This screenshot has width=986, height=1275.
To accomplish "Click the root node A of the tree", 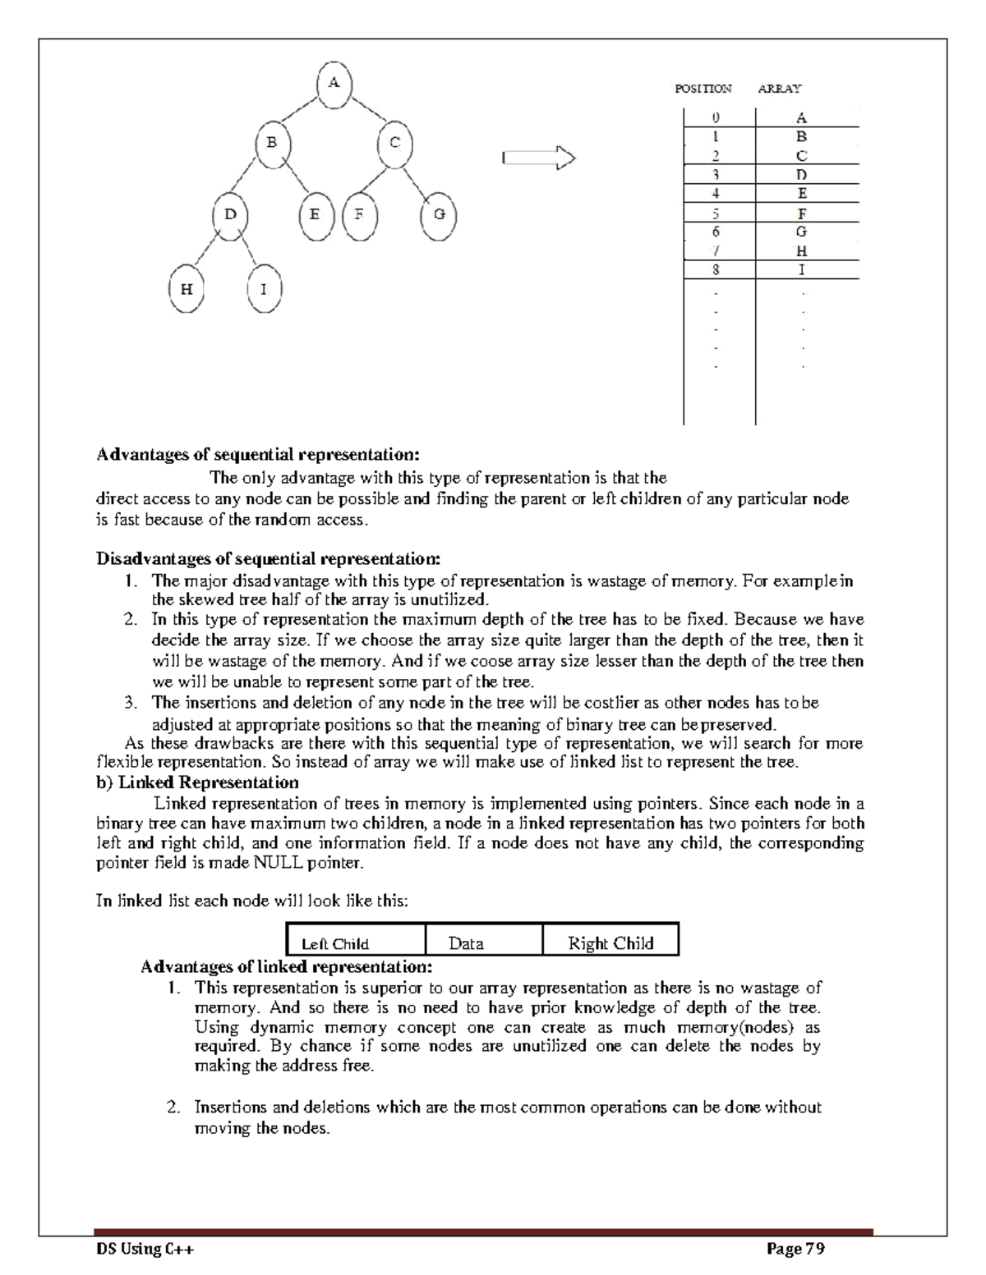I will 334,83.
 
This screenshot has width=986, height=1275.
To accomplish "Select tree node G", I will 439,215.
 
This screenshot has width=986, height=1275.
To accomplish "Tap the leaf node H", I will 187,289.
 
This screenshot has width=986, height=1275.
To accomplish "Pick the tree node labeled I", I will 264,289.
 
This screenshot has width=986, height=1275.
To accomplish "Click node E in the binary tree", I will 315,215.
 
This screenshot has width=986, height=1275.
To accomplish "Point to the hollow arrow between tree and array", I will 539,158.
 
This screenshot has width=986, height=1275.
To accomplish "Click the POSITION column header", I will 703,89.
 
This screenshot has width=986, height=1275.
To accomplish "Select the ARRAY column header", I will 779,89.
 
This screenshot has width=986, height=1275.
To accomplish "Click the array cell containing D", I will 802,175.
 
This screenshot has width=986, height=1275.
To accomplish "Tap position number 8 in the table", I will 716,270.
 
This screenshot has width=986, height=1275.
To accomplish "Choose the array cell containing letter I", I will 802,270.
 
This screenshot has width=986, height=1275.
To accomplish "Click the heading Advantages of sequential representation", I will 258,455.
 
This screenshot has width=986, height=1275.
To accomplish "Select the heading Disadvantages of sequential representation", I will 268,560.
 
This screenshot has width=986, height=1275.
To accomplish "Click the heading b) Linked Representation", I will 197,782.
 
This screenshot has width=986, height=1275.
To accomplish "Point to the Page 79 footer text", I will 795,1250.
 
